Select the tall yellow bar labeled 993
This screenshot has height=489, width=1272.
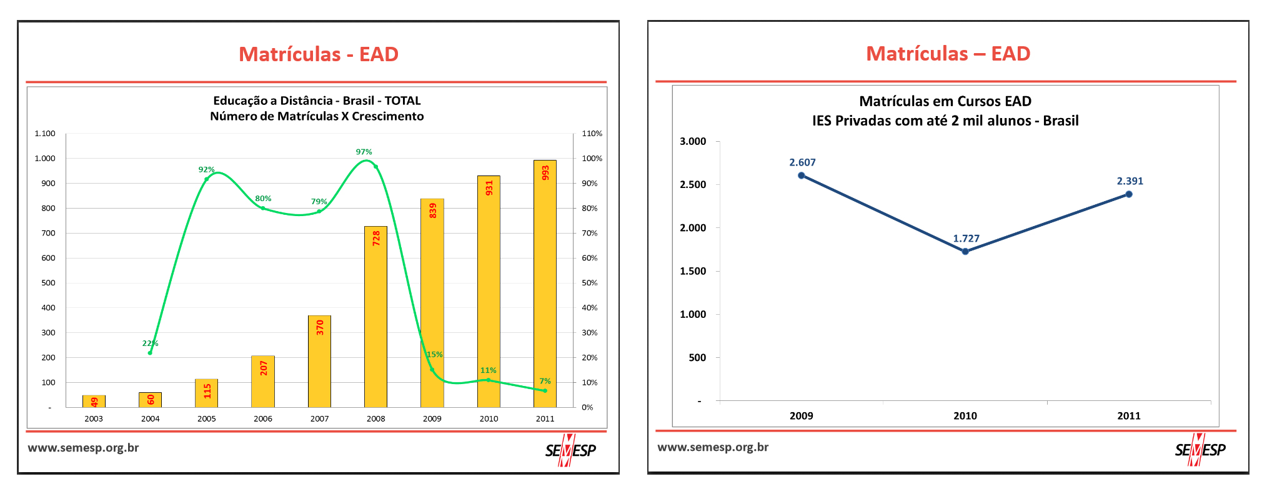(545, 284)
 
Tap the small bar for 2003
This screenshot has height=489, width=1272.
(94, 401)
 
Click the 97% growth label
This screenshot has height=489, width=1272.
(364, 152)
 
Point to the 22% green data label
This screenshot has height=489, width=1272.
(150, 343)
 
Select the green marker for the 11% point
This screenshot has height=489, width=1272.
(489, 380)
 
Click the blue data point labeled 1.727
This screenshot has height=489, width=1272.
(965, 252)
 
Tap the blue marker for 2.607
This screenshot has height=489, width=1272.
(802, 175)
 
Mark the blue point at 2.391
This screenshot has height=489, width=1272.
(1129, 194)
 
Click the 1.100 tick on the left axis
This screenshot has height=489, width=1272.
(45, 134)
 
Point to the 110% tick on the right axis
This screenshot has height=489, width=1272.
(592, 134)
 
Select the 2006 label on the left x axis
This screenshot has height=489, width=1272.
(263, 418)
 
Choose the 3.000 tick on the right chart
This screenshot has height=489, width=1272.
(693, 142)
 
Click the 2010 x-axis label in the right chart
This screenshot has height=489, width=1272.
(965, 416)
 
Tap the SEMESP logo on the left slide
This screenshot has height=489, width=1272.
(570, 450)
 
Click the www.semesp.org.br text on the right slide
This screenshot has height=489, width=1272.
(713, 447)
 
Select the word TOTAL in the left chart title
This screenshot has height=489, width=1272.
(402, 101)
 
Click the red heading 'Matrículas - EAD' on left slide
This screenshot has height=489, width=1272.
(319, 54)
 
